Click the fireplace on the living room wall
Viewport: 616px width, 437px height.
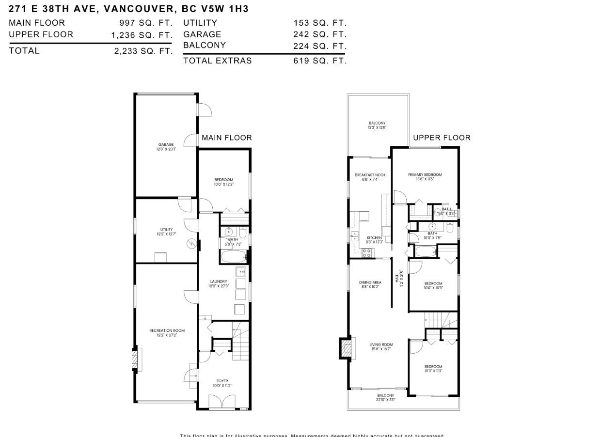point(346,348)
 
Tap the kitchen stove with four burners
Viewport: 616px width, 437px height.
point(367,252)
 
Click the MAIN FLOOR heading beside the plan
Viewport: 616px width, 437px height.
point(227,138)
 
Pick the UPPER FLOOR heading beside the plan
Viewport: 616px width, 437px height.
point(442,138)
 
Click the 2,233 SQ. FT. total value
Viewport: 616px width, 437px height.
point(143,51)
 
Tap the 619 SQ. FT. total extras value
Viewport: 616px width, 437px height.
point(320,61)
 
